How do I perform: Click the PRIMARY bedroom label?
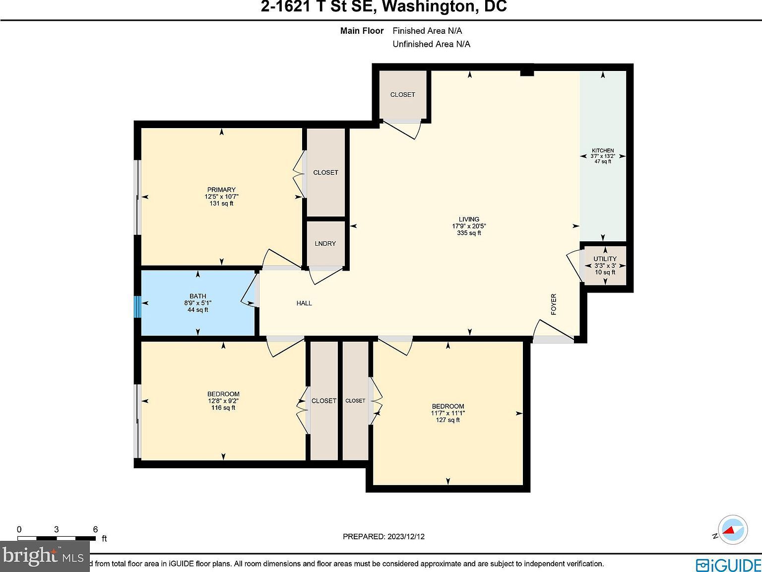221,190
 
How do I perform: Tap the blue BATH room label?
198,296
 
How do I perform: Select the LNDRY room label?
325,243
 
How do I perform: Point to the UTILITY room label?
605,259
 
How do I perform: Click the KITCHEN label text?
603,150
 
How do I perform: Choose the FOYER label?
554,304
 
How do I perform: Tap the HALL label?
304,303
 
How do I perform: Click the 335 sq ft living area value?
469,233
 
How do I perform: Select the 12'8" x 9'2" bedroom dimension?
224,401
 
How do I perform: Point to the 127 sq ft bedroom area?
447,420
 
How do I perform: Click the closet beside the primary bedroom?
325,172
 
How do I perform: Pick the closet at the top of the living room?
402,94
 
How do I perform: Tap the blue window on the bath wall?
137,306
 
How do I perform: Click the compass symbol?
733,531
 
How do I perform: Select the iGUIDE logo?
728,565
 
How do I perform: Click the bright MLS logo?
44,556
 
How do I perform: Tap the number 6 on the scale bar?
95,529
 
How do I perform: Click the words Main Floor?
362,31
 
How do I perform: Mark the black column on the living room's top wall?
526,72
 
